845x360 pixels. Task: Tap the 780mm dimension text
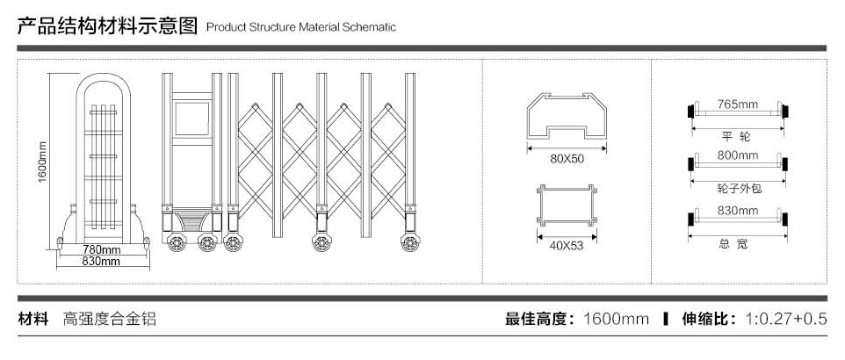coord(101,250)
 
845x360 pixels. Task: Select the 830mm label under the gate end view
coord(101,262)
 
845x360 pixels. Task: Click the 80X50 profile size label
coord(567,159)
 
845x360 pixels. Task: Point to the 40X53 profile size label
coord(567,245)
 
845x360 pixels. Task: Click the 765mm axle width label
coord(737,104)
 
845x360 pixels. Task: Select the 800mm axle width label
coord(737,155)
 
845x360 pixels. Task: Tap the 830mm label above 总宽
coord(737,211)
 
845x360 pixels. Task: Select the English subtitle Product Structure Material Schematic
coord(301,27)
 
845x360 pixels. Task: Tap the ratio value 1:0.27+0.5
coord(785,319)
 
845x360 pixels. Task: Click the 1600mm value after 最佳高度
coord(616,319)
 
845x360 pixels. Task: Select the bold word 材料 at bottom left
coord(33,319)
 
